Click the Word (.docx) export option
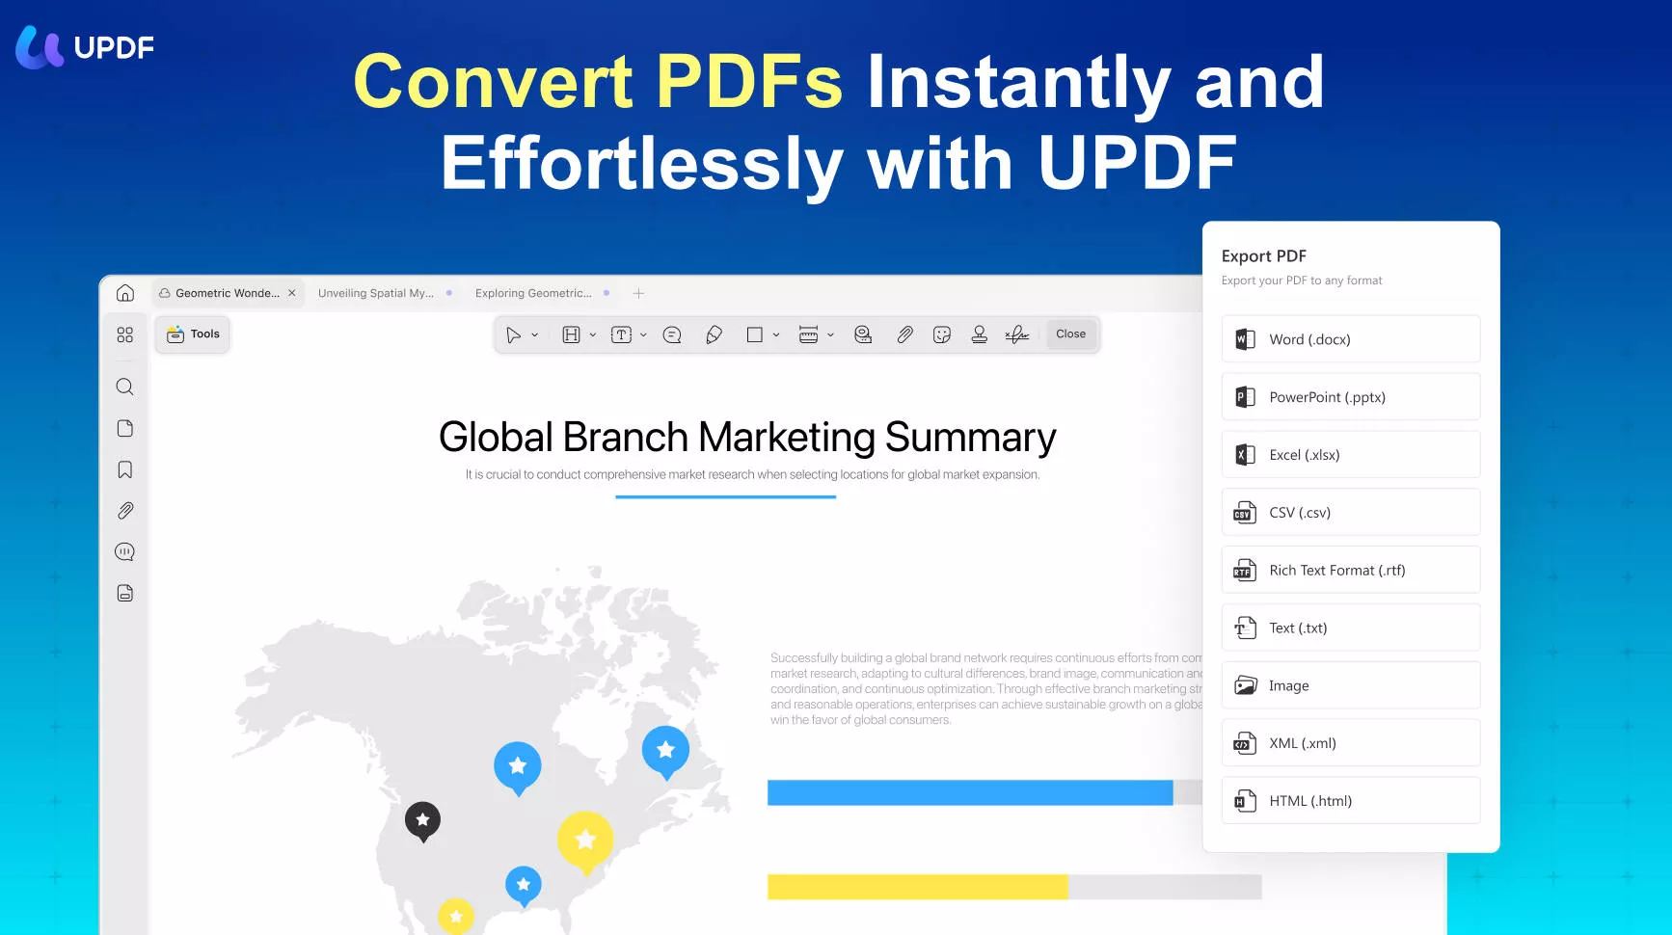coord(1350,339)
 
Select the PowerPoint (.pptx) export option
coord(1350,397)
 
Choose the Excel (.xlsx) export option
coord(1350,455)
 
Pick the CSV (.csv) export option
coord(1350,513)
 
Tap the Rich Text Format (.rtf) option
coord(1350,571)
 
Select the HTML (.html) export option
coord(1350,801)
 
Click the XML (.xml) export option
coord(1350,743)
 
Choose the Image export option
coord(1350,685)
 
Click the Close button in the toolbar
coord(1070,334)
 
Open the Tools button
coord(193,334)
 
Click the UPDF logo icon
coord(40,47)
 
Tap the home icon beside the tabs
coord(125,293)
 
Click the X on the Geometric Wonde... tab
coord(292,293)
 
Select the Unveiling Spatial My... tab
coord(376,293)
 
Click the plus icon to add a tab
coord(638,293)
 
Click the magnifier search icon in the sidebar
coord(125,387)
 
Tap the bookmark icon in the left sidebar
coord(125,469)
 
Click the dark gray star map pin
coord(422,820)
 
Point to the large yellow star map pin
coord(585,840)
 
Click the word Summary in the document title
coord(970,438)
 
